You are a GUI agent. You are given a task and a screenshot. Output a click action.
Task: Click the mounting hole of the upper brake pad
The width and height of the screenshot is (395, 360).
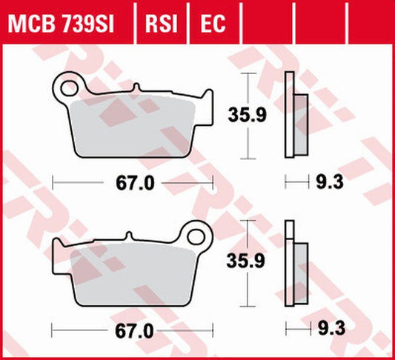(69, 87)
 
